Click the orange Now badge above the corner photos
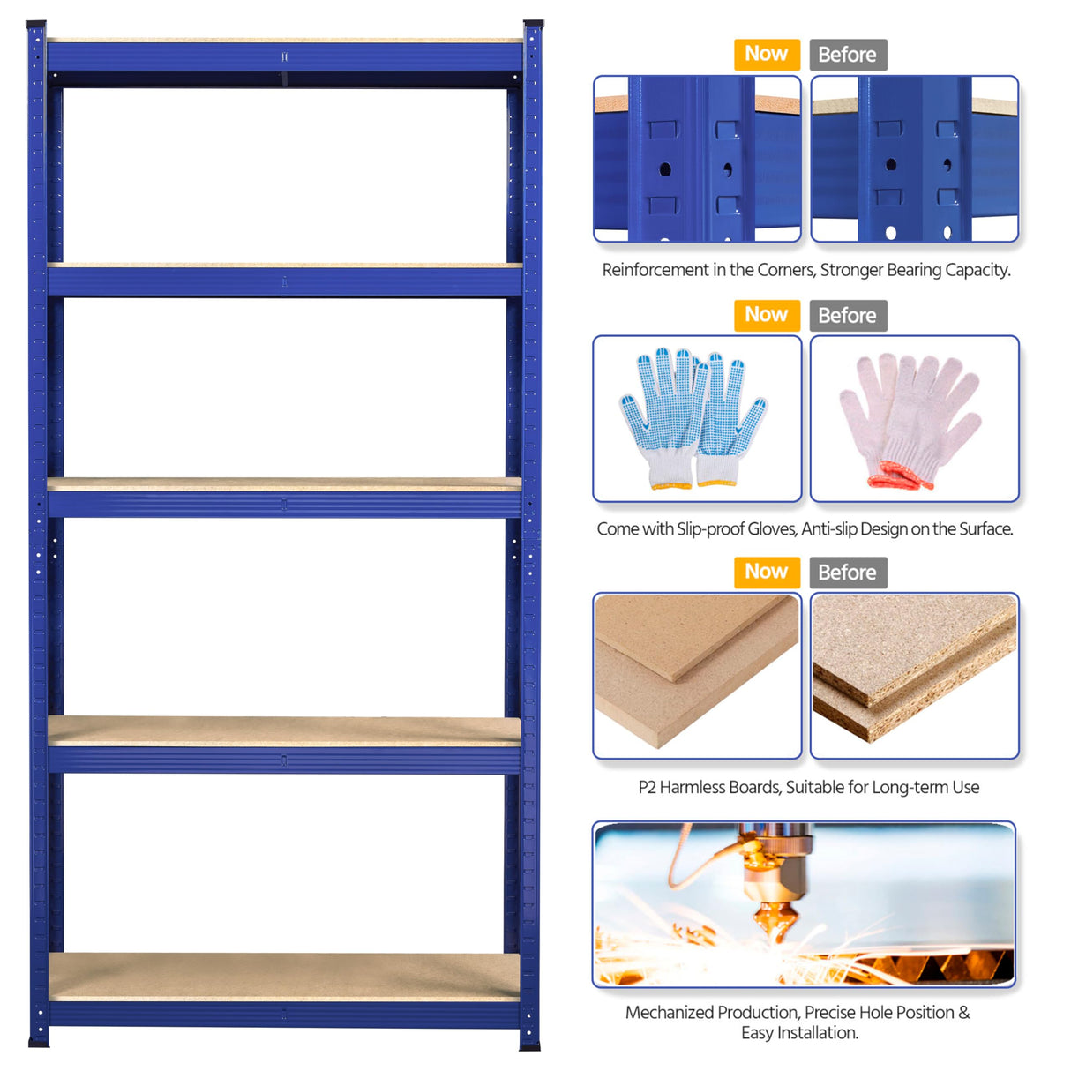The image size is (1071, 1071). coord(766,55)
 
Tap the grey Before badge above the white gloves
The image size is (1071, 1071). coord(847,316)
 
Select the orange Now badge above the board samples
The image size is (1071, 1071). coord(766,573)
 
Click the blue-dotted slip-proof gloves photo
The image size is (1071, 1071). coord(697,418)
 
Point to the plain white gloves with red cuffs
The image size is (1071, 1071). coord(914,418)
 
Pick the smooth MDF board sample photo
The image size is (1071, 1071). coord(697,675)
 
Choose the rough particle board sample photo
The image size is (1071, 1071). coord(914,675)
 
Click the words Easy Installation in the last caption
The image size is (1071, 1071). coord(798,1033)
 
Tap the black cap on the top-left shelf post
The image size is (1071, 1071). coord(36,24)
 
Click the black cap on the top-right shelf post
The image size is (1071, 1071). coord(533,24)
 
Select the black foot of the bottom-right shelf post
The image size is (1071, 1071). coord(529,1046)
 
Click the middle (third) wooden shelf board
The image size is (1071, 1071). coord(284,483)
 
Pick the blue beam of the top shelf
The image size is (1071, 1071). coord(284,57)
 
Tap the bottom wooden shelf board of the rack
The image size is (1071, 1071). coord(284,976)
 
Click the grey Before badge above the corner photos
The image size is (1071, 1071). coord(847,55)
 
